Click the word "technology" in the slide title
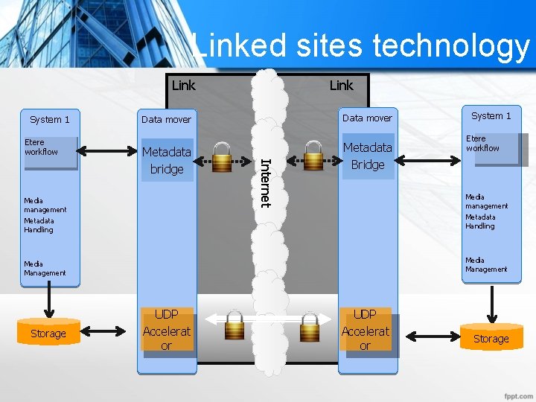(x=450, y=46)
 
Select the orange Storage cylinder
(x=491, y=338)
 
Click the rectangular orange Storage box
(x=48, y=334)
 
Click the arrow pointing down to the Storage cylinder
(x=491, y=304)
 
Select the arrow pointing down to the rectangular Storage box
(x=48, y=301)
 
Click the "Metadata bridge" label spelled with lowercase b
(x=167, y=160)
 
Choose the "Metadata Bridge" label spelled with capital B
(x=367, y=156)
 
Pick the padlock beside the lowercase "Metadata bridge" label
(x=222, y=158)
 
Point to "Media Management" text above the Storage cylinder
(x=486, y=265)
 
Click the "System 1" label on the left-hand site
(x=49, y=119)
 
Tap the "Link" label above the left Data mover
(x=183, y=85)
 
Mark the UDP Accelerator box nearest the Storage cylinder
(x=365, y=330)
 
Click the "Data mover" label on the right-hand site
(x=367, y=118)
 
